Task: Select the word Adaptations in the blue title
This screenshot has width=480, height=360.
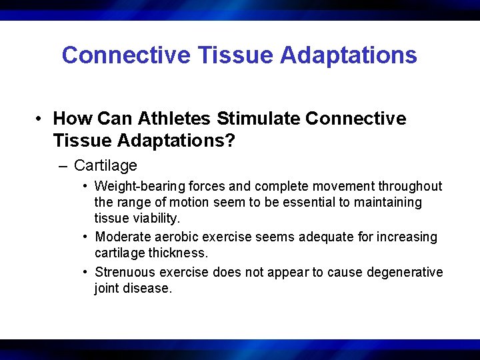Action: click(348, 55)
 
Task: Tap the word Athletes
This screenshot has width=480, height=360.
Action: click(174, 119)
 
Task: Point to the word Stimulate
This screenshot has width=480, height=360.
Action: click(258, 119)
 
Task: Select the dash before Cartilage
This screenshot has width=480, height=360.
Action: click(64, 166)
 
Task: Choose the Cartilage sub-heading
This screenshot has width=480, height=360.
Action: click(105, 166)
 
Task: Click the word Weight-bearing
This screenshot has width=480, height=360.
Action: click(136, 187)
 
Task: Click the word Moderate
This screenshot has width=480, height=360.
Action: click(124, 237)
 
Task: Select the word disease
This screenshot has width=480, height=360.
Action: click(150, 289)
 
